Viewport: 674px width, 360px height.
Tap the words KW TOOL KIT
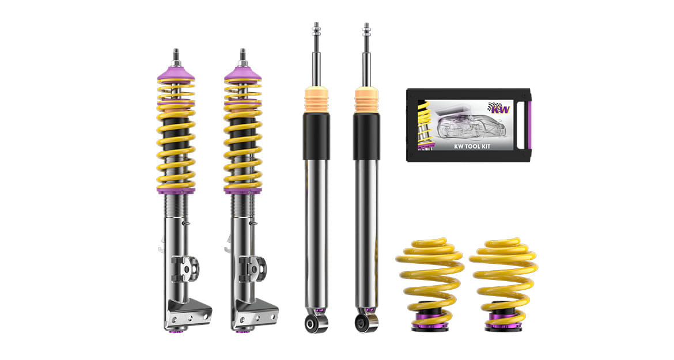point(472,146)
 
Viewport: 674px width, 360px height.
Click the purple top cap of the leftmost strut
point(175,75)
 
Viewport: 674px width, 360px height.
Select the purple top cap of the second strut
point(243,75)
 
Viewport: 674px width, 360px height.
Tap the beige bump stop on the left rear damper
point(316,100)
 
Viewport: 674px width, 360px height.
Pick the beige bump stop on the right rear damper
point(366,100)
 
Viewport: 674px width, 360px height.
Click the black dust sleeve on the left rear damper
point(316,136)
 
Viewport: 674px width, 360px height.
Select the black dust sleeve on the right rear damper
point(366,136)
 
